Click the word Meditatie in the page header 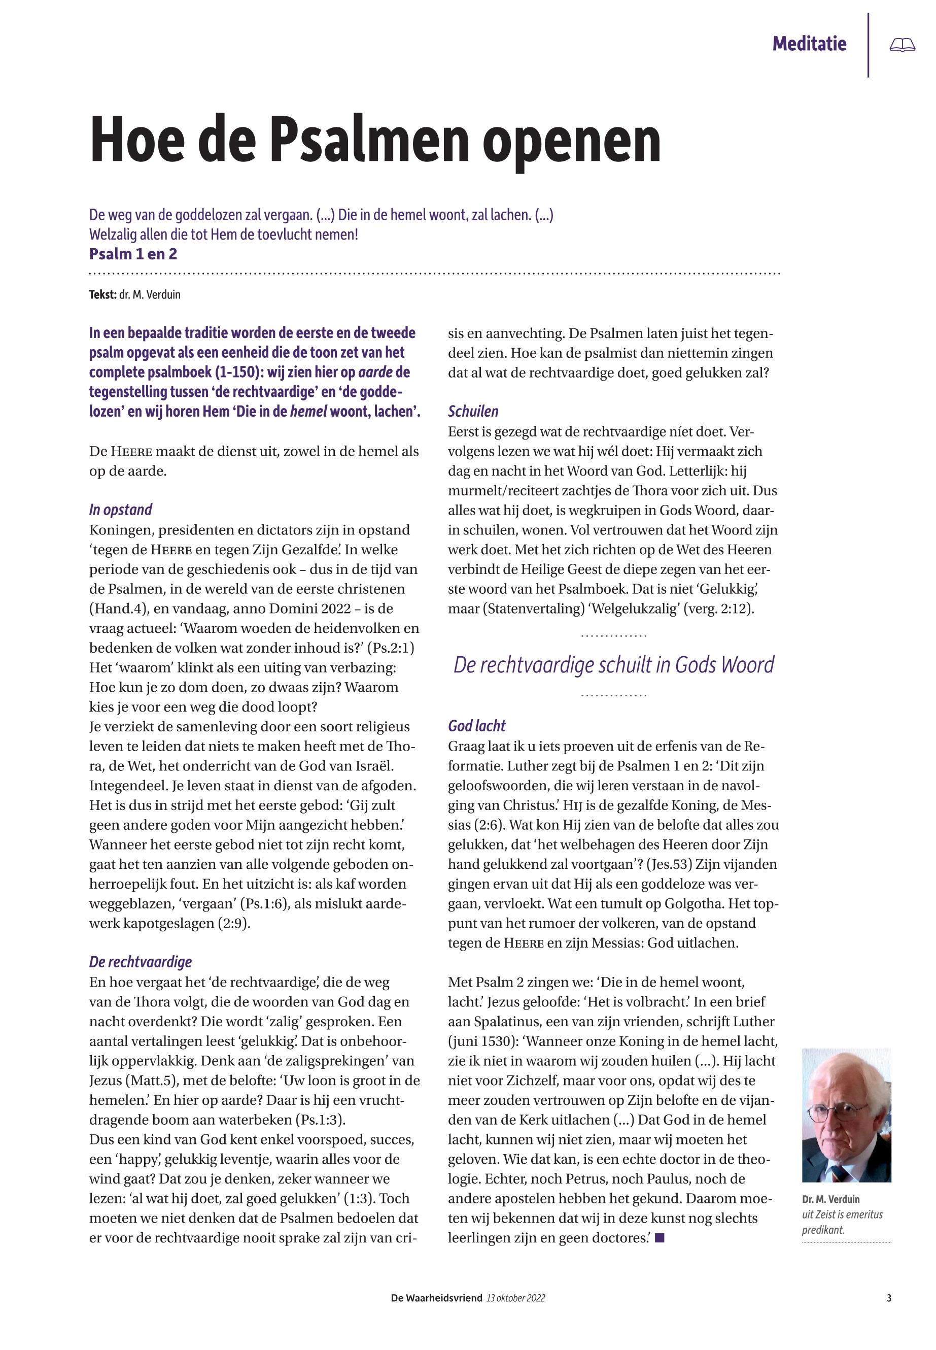click(x=809, y=44)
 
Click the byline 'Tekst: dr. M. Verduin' click(x=135, y=294)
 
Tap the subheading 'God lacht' click(x=476, y=726)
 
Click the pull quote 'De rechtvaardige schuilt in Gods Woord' click(x=613, y=665)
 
